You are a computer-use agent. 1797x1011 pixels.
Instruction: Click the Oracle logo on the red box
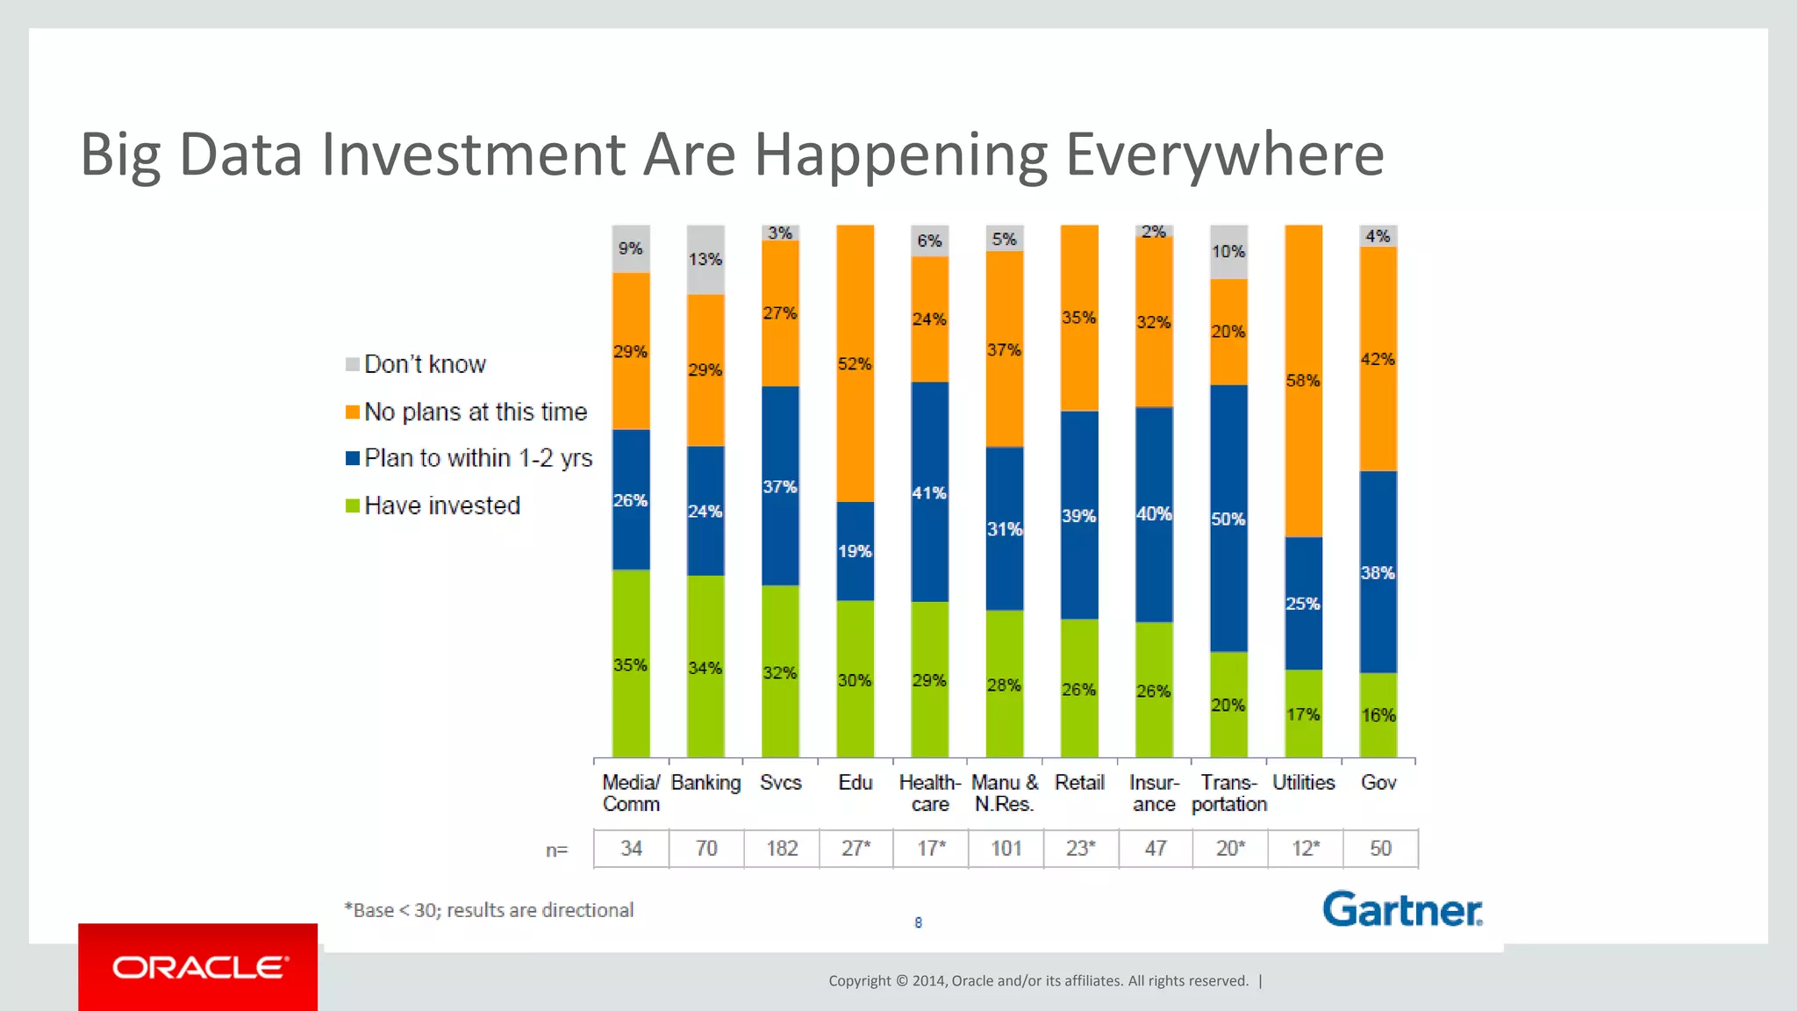pyautogui.click(x=199, y=967)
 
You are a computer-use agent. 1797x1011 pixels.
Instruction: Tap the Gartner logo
pyautogui.click(x=1402, y=910)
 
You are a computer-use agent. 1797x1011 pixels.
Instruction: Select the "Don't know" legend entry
pyautogui.click(x=416, y=364)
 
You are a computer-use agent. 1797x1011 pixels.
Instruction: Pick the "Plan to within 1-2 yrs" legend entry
pyautogui.click(x=469, y=458)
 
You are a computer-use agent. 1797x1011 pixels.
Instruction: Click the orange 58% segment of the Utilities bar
pyautogui.click(x=1303, y=380)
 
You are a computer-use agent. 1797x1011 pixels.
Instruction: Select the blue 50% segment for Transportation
pyautogui.click(x=1228, y=518)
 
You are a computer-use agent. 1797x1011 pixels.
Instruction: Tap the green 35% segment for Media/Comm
pyautogui.click(x=631, y=664)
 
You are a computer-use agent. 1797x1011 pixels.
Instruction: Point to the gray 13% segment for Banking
pyautogui.click(x=705, y=260)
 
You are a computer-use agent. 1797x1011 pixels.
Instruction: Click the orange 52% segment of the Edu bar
pyautogui.click(x=855, y=363)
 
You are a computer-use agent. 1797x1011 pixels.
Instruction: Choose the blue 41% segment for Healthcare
pyautogui.click(x=929, y=492)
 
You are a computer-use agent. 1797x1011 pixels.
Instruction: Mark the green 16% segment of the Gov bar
pyautogui.click(x=1378, y=714)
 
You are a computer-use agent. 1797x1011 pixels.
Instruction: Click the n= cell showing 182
pyautogui.click(x=781, y=849)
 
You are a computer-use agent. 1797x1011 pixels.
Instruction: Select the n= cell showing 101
pyautogui.click(x=1006, y=849)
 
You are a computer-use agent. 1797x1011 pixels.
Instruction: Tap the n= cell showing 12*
pyautogui.click(x=1305, y=849)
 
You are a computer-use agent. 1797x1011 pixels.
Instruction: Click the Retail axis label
pyautogui.click(x=1079, y=783)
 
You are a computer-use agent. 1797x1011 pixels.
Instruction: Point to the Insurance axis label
pyautogui.click(x=1154, y=792)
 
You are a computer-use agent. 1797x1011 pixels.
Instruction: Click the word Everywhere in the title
pyautogui.click(x=1224, y=154)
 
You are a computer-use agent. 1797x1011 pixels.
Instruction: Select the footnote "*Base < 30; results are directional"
pyautogui.click(x=489, y=910)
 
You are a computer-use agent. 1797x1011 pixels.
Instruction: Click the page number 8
pyautogui.click(x=918, y=922)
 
